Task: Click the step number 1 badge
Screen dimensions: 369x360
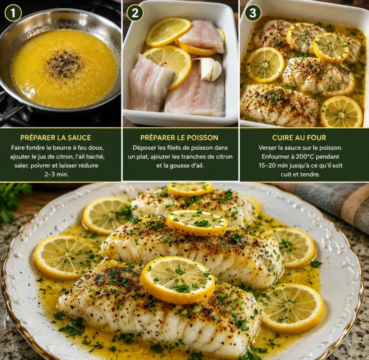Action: click(x=13, y=12)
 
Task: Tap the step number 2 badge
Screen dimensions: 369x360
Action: click(x=135, y=12)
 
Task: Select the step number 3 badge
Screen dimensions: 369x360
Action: click(x=253, y=12)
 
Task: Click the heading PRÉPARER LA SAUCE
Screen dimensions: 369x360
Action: click(x=56, y=138)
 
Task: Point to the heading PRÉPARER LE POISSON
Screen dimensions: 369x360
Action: click(x=179, y=138)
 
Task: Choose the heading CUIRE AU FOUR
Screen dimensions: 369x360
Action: click(x=299, y=138)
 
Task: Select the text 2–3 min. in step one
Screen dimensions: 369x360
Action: click(x=56, y=174)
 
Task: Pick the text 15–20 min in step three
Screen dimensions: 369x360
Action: click(x=272, y=166)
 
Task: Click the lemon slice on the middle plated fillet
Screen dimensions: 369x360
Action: click(x=197, y=223)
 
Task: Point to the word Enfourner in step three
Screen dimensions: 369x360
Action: click(x=275, y=156)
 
